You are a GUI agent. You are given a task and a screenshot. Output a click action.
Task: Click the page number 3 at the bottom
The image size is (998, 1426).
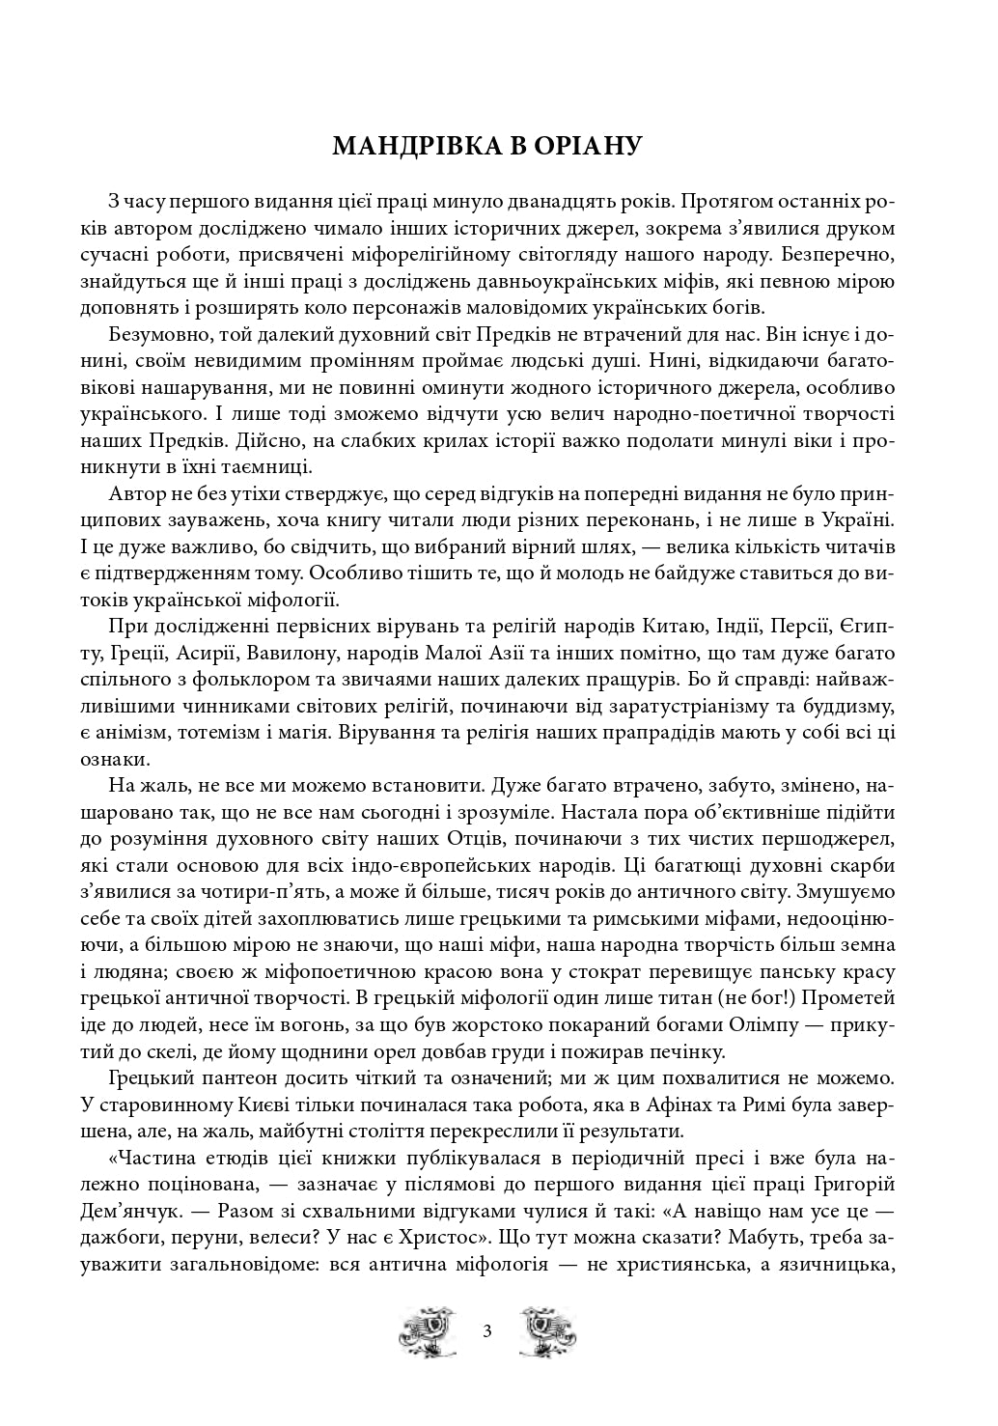(486, 1333)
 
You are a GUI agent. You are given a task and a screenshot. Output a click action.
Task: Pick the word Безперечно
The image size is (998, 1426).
(839, 257)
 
